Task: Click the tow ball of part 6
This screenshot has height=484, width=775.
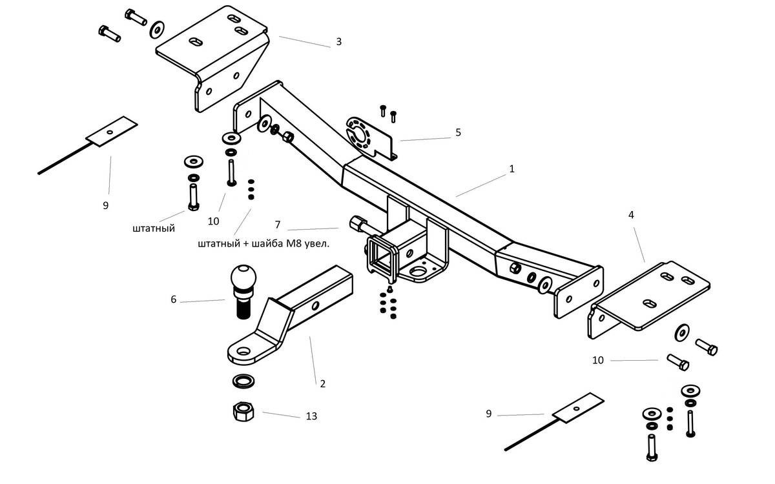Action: point(242,279)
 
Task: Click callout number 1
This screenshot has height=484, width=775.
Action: point(512,169)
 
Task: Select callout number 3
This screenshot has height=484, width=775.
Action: point(338,42)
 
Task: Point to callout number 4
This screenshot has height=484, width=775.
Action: point(631,214)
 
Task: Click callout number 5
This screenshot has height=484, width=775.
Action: point(458,132)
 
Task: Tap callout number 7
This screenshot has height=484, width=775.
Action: point(277,225)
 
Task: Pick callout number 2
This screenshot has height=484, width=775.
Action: point(322,383)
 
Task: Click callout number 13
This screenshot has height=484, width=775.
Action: point(311,416)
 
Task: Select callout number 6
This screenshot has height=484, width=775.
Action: point(173,299)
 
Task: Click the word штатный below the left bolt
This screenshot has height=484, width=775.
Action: point(153,228)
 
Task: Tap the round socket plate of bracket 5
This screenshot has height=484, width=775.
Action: point(357,132)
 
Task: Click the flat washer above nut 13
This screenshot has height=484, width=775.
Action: point(242,381)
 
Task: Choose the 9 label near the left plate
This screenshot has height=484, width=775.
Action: point(105,206)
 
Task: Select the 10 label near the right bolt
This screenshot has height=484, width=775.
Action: point(598,360)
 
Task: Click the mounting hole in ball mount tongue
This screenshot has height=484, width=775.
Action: point(243,351)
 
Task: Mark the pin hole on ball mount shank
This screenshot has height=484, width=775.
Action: point(316,304)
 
